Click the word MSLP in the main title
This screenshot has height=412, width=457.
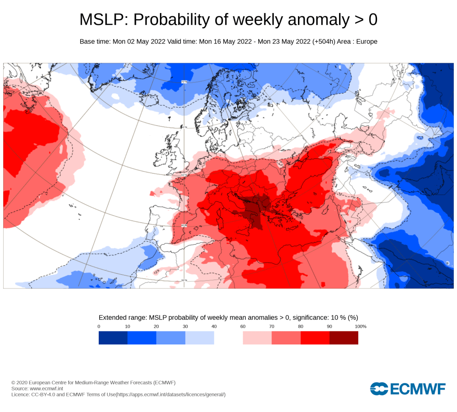click(104, 20)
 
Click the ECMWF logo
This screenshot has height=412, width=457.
click(407, 388)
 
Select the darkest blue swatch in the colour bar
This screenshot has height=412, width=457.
click(113, 338)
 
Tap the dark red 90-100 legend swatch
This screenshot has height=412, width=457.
click(344, 338)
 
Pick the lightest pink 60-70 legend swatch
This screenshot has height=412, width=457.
click(257, 338)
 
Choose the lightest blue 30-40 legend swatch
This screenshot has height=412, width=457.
click(200, 338)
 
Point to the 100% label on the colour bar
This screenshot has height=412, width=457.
click(361, 327)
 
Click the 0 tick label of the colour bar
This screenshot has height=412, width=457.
click(99, 327)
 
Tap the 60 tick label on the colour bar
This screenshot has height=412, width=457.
click(243, 327)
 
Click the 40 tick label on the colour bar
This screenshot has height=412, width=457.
click(214, 327)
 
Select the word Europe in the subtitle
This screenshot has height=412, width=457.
click(367, 42)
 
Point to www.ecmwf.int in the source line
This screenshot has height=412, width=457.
click(47, 389)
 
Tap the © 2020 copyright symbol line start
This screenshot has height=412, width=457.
click(13, 383)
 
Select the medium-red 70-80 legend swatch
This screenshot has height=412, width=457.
click(286, 338)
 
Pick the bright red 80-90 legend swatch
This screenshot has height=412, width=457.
click(315, 338)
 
